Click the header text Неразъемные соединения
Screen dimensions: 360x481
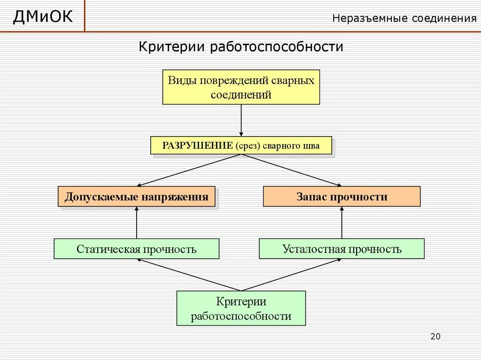tap(404, 18)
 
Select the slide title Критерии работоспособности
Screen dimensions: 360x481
tap(240, 47)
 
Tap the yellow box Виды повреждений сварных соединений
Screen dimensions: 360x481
tap(241, 87)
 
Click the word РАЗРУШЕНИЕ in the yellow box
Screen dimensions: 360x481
tap(198, 146)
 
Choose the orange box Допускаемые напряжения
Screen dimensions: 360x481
tap(136, 197)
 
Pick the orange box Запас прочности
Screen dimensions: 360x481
tap(341, 197)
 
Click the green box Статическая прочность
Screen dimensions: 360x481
tap(136, 249)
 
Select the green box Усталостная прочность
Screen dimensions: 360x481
tap(341, 249)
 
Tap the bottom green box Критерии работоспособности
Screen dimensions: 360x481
tap(241, 308)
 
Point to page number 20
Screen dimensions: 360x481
tap(435, 337)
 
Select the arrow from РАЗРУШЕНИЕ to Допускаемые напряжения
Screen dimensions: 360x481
tap(188, 170)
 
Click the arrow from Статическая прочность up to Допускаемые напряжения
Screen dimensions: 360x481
tap(137, 223)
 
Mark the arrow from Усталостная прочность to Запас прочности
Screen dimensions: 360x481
tap(341, 223)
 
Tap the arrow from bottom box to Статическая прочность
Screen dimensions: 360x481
tap(188, 275)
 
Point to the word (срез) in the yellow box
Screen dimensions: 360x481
tap(247, 146)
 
